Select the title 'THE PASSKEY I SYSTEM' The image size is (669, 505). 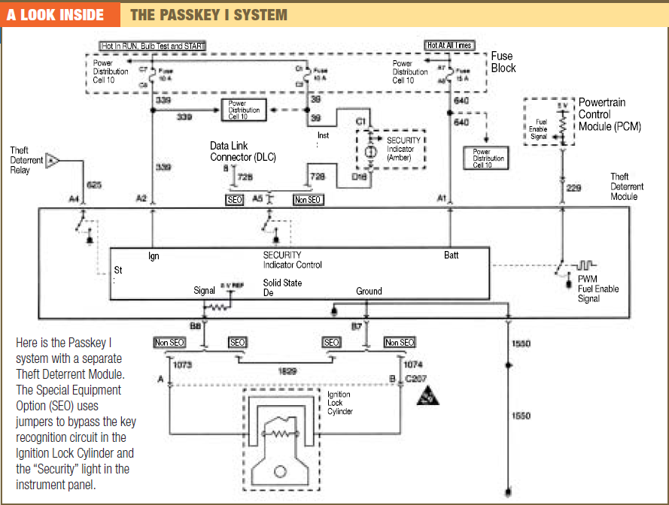click(x=208, y=14)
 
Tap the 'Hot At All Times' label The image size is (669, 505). click(x=449, y=46)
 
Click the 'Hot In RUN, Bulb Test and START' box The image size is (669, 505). click(x=153, y=46)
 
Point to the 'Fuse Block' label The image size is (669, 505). click(x=503, y=62)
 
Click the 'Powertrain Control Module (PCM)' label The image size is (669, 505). click(x=610, y=114)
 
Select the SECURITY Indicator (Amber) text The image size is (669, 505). click(x=403, y=149)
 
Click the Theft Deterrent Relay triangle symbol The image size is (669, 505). click(x=52, y=159)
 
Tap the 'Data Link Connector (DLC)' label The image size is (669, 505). click(x=243, y=151)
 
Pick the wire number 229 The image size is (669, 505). click(x=573, y=188)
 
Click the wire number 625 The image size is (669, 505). click(x=93, y=184)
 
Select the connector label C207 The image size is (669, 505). click(x=416, y=378)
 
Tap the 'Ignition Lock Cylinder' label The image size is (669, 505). click(x=339, y=403)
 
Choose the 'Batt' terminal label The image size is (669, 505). click(x=451, y=256)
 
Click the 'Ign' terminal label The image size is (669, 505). click(x=154, y=256)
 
